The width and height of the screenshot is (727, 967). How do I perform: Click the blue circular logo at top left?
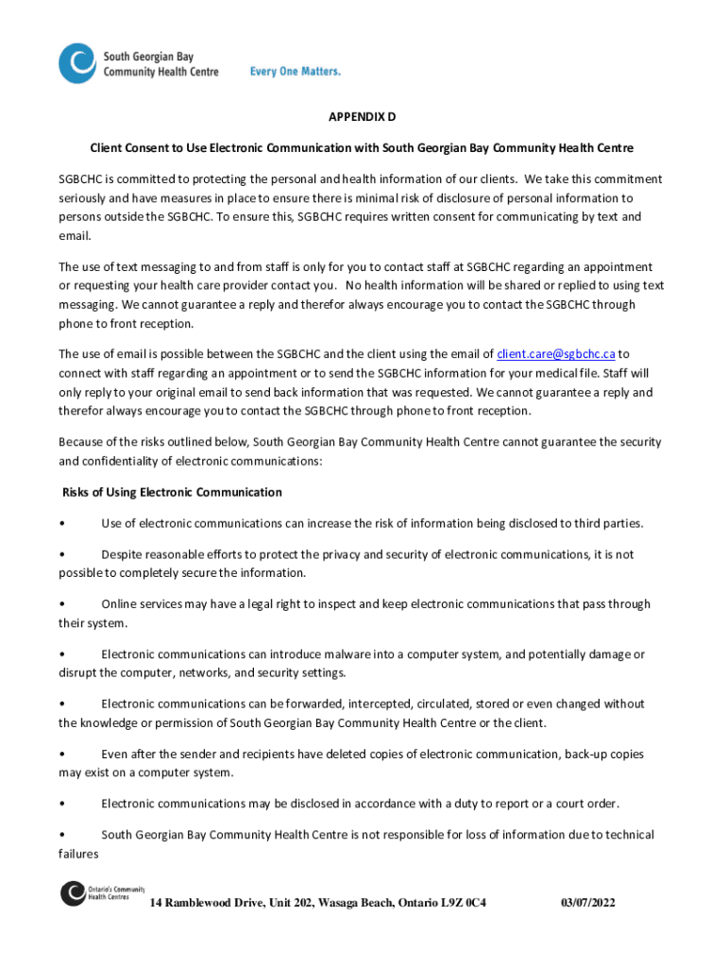pos(77,63)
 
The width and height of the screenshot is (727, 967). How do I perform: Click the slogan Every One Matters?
pos(295,72)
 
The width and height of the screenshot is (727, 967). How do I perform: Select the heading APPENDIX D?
pos(362,117)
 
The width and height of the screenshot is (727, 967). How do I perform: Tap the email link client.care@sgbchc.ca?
pos(556,354)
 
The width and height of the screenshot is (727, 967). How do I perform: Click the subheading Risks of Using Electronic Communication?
pos(172,492)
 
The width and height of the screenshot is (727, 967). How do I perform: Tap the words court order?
pos(587,804)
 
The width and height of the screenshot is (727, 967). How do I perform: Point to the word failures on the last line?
pos(78,854)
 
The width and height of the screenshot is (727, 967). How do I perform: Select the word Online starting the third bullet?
pos(120,604)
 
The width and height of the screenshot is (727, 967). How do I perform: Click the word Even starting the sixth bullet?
pos(115,755)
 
